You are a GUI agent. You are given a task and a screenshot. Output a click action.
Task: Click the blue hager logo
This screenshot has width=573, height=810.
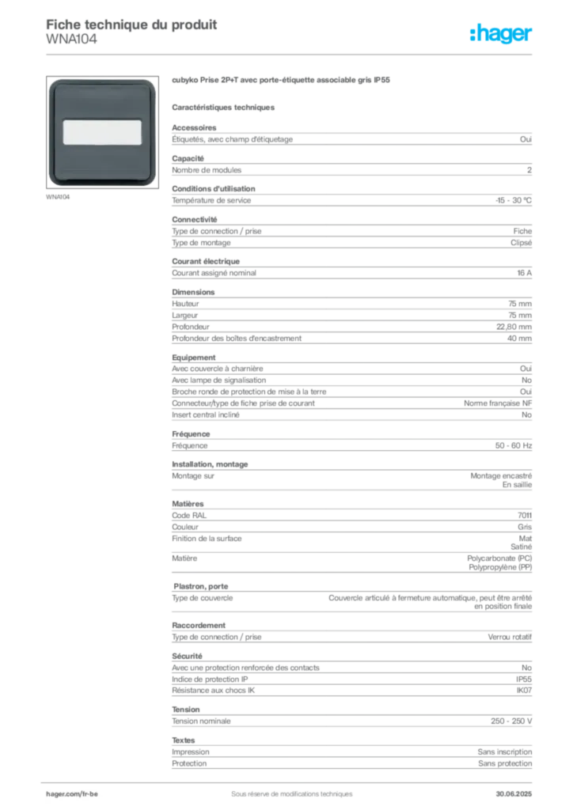click(x=502, y=35)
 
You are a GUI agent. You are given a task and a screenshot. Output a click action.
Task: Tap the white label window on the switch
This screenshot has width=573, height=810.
click(x=101, y=131)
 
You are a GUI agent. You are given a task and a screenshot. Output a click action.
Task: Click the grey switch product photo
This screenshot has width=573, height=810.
click(x=101, y=132)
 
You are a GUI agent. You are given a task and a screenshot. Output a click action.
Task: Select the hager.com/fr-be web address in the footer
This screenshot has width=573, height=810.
click(x=78, y=792)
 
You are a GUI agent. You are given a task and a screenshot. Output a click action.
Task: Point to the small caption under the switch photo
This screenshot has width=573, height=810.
click(x=60, y=198)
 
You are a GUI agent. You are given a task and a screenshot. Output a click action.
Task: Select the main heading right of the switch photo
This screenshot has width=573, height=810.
click(x=282, y=81)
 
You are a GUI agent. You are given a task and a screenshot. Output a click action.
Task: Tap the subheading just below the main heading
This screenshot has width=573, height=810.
click(x=225, y=106)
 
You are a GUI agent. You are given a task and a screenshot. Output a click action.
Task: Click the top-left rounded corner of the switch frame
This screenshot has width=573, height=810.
click(x=53, y=83)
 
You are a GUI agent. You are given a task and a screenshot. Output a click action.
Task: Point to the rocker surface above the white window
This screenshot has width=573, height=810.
click(x=101, y=100)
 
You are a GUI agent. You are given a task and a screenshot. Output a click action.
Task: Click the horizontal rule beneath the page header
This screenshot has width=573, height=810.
click(x=291, y=55)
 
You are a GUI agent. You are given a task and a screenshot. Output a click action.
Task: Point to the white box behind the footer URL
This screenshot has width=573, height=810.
click(x=89, y=793)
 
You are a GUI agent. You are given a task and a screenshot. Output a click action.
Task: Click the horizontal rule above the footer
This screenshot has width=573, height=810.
click(x=291, y=778)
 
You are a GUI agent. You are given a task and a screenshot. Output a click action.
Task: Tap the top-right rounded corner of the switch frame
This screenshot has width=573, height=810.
click(x=150, y=83)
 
